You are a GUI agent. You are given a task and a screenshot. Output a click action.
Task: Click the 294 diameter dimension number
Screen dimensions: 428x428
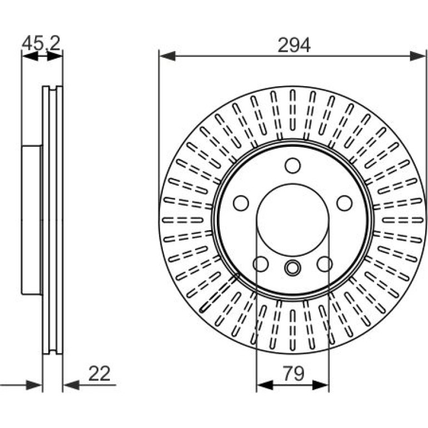pos(294,45)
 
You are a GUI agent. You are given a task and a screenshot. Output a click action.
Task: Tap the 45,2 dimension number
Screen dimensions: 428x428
pos(41,43)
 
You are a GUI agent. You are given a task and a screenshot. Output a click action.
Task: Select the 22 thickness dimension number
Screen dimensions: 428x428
pos(99,374)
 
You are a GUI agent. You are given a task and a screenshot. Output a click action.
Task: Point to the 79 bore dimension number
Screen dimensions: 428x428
pos(293,374)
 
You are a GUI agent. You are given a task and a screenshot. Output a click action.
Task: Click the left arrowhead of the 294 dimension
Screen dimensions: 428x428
pos(168,56)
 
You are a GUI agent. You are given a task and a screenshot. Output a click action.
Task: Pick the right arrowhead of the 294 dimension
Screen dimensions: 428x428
pos(417,56)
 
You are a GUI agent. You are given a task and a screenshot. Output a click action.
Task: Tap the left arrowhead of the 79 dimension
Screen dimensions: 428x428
pos(265,385)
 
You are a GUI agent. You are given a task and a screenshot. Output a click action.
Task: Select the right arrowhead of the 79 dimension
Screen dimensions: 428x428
pos(321,385)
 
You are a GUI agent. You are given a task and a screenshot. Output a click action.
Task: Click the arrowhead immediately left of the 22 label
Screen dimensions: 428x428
pos(71,385)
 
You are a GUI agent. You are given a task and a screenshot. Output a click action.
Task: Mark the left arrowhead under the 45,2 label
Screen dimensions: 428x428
pos(30,56)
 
